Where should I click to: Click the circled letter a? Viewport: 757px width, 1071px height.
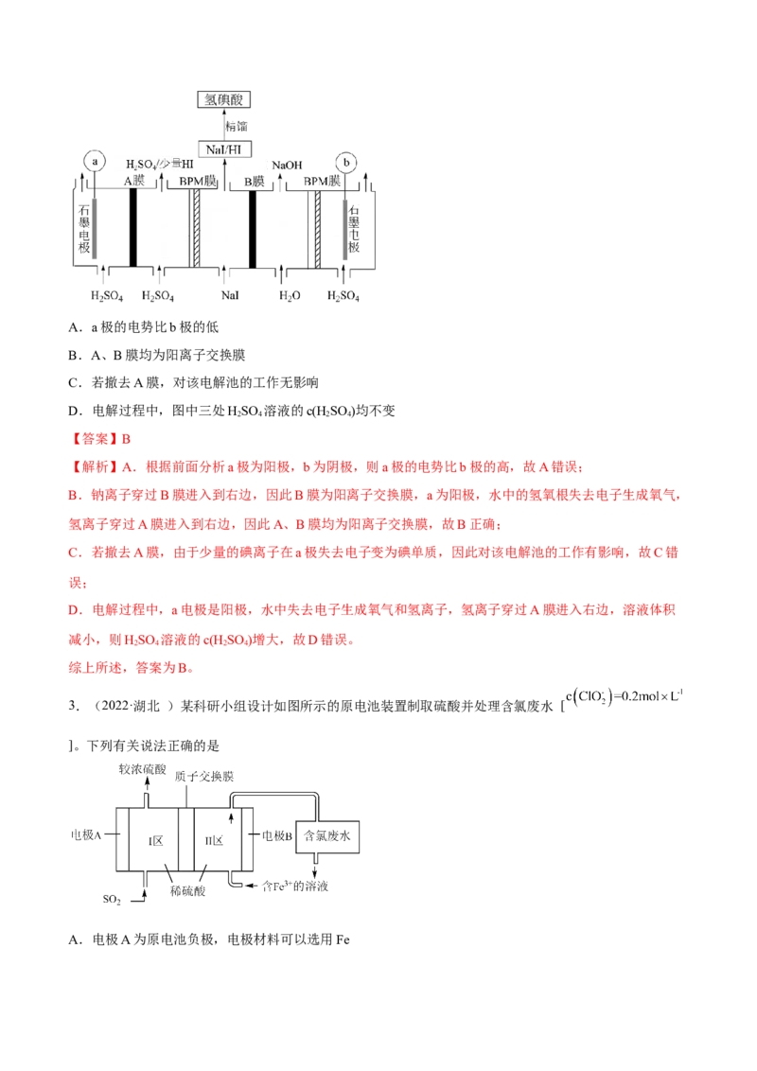click(x=94, y=162)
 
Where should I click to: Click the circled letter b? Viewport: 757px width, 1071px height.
click(x=346, y=162)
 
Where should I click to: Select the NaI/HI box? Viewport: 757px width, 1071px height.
click(x=225, y=148)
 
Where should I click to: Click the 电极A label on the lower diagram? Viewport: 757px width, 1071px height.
click(x=86, y=835)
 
